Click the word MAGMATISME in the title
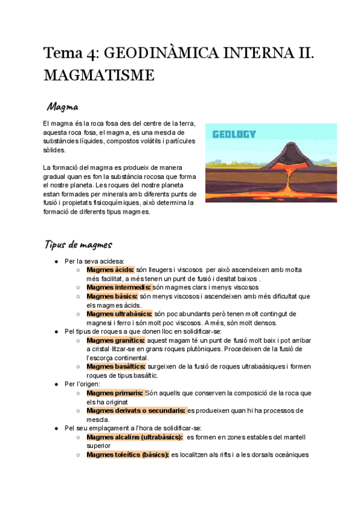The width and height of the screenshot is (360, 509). click(x=98, y=76)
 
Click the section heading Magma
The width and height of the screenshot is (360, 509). click(x=63, y=107)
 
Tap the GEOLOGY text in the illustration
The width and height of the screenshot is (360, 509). click(x=234, y=134)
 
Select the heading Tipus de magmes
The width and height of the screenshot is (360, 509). click(x=77, y=245)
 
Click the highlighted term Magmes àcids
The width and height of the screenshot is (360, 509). click(x=110, y=270)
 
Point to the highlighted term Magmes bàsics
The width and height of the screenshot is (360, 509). click(x=112, y=296)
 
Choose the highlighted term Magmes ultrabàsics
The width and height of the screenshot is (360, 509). click(x=119, y=313)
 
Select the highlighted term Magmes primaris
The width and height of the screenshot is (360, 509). click(x=115, y=393)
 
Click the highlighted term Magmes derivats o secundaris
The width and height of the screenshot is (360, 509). click(x=136, y=410)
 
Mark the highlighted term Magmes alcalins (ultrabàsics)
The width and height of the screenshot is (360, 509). click(x=135, y=437)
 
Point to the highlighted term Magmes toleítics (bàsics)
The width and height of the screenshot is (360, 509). click(x=128, y=454)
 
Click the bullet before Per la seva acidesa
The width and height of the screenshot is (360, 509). click(x=56, y=262)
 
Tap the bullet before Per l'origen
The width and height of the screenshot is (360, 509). click(x=56, y=384)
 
